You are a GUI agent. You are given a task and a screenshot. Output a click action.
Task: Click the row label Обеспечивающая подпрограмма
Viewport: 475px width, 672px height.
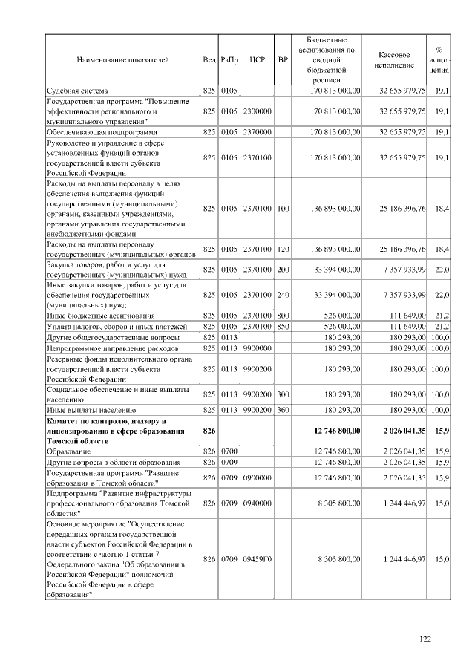[99, 131]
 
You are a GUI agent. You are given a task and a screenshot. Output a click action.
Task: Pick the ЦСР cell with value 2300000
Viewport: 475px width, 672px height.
[258, 111]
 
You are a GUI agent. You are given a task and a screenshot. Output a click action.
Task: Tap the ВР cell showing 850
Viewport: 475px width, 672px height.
[283, 326]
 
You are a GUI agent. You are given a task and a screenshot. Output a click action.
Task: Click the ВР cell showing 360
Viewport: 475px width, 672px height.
[283, 408]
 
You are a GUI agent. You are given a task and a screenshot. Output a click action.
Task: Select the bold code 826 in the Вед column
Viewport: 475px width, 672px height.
[209, 429]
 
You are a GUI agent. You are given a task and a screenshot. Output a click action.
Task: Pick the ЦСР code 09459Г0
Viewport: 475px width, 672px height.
[258, 558]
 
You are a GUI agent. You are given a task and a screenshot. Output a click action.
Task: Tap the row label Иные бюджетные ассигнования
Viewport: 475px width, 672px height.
[101, 316]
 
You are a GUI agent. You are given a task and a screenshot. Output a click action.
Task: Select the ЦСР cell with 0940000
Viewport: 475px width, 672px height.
[258, 503]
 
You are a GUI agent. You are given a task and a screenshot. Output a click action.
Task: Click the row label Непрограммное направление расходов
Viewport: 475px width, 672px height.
[112, 347]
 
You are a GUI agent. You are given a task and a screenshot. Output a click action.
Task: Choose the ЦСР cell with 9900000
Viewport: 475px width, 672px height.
[258, 347]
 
